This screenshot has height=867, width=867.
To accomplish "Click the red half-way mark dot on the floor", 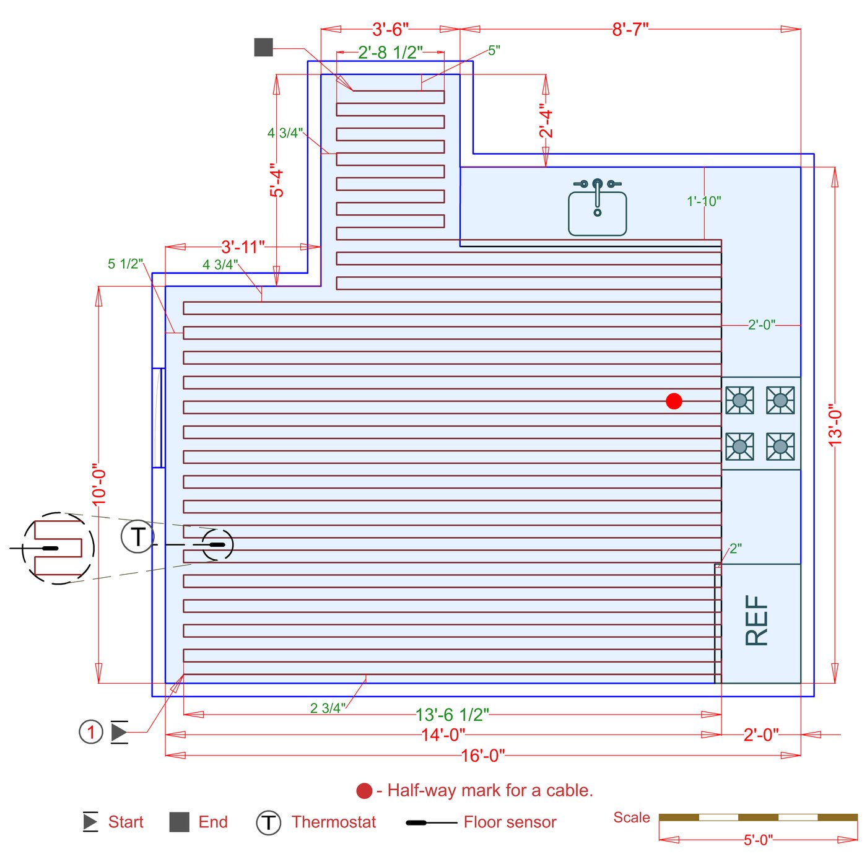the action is point(674,401).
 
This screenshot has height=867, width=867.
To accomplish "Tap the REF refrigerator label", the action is point(756,621).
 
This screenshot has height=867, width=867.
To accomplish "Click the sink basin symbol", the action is point(597,213).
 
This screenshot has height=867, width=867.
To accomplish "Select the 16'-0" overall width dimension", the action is point(482,756).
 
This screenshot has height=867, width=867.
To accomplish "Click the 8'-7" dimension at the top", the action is point(630,30).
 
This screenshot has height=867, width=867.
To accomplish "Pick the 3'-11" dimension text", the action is point(243,247).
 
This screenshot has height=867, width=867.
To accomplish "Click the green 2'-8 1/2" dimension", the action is point(390,53).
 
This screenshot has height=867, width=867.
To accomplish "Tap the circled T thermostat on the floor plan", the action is point(137,536).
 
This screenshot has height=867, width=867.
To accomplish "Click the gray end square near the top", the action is point(263,47).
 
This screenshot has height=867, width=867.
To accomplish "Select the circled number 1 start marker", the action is point(91,732).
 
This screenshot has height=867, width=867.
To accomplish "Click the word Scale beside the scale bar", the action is point(631,817).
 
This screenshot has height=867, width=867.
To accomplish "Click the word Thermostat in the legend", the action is point(333,822).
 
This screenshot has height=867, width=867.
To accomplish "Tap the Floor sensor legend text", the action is point(510,822).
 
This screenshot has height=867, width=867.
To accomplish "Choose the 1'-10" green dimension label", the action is point(704,201).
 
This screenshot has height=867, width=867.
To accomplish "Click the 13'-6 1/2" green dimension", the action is point(451,715).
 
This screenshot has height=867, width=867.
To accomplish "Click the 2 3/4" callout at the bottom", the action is point(328,708).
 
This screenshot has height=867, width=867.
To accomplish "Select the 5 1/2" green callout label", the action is point(125,264).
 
